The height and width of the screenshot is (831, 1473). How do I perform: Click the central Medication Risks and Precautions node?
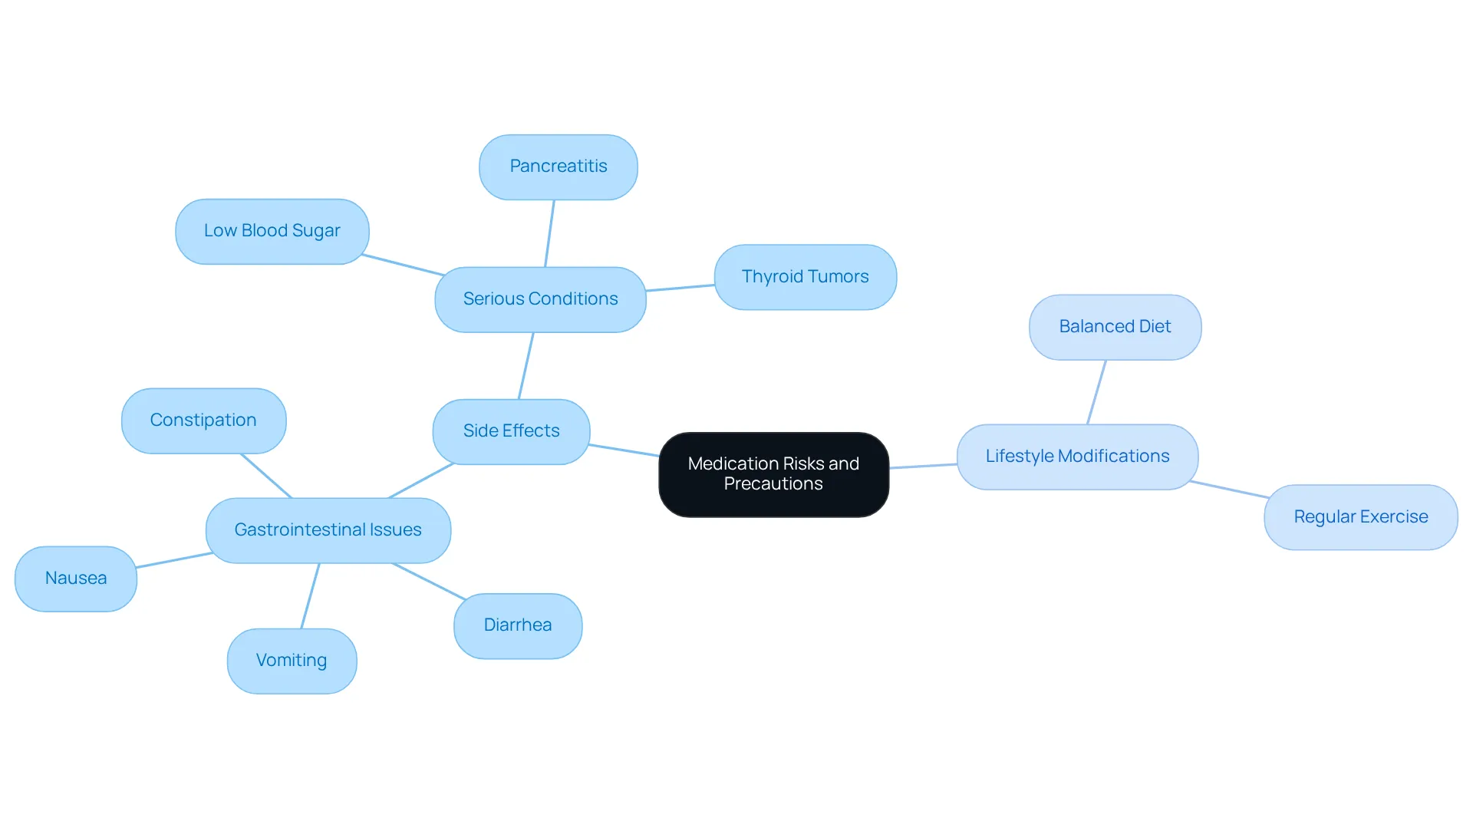pos(773,474)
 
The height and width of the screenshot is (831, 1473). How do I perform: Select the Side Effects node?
pos(511,431)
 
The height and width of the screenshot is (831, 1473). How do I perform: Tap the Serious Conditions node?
pos(540,299)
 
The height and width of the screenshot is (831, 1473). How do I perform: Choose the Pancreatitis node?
pos(559,167)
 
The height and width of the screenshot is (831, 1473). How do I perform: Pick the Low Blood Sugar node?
pos(272,232)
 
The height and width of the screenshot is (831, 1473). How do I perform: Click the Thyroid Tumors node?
pos(806,277)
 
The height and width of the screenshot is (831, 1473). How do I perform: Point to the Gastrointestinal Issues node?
pos(328,530)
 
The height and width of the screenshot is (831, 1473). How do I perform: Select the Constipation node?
pos(204,420)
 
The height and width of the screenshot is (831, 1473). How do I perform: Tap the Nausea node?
pos(76,579)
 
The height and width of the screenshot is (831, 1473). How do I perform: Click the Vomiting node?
pos(292,661)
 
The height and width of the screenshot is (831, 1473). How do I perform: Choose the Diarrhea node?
pos(518,625)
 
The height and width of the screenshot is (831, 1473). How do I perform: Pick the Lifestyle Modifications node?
pos(1078,457)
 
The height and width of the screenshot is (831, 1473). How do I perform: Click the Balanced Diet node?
pos(1115,327)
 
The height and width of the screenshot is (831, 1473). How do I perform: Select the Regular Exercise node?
pos(1361,517)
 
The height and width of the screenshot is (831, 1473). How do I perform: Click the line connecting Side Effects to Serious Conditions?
pos(526,366)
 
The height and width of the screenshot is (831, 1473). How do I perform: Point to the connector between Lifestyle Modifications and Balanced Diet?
pos(1097,392)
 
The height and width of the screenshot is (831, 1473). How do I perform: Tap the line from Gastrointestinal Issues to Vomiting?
pos(310,596)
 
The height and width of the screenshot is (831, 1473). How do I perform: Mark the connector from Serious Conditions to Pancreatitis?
pos(549,233)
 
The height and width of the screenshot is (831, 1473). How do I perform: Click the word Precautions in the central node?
pos(773,484)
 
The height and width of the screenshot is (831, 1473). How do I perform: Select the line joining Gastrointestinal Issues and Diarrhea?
pos(429,582)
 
